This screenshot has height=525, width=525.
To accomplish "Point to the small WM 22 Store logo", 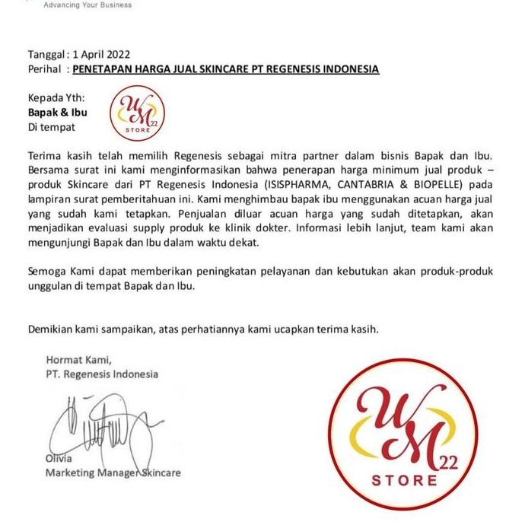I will pos(135,113).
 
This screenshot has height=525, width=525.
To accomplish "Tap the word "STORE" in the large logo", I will pos(405,481).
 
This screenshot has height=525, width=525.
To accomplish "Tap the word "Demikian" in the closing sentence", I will pos(51,329).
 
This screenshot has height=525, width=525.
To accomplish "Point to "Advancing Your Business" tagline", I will pos(87,5).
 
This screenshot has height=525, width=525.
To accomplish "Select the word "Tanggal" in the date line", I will pos(46,55).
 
